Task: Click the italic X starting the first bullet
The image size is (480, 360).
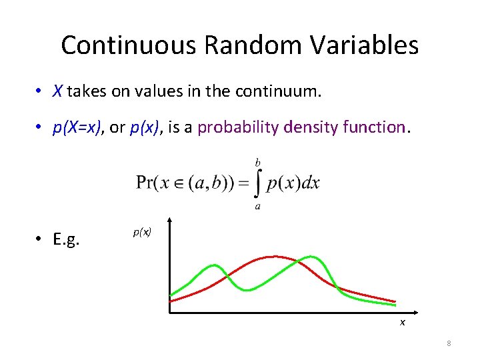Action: tap(58, 92)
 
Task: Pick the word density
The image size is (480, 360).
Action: tap(312, 127)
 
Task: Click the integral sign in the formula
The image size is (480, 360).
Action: tap(257, 184)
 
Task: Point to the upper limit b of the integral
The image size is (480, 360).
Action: tap(258, 163)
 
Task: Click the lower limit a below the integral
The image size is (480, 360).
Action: tap(257, 207)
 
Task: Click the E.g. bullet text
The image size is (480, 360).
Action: tap(66, 239)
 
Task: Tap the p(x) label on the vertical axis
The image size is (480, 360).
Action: tap(142, 232)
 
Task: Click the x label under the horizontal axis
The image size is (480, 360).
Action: tap(402, 323)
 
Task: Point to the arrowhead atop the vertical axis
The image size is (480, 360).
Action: tap(170, 221)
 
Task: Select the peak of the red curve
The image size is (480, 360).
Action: tap(272, 257)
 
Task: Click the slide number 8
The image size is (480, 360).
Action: tap(449, 343)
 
